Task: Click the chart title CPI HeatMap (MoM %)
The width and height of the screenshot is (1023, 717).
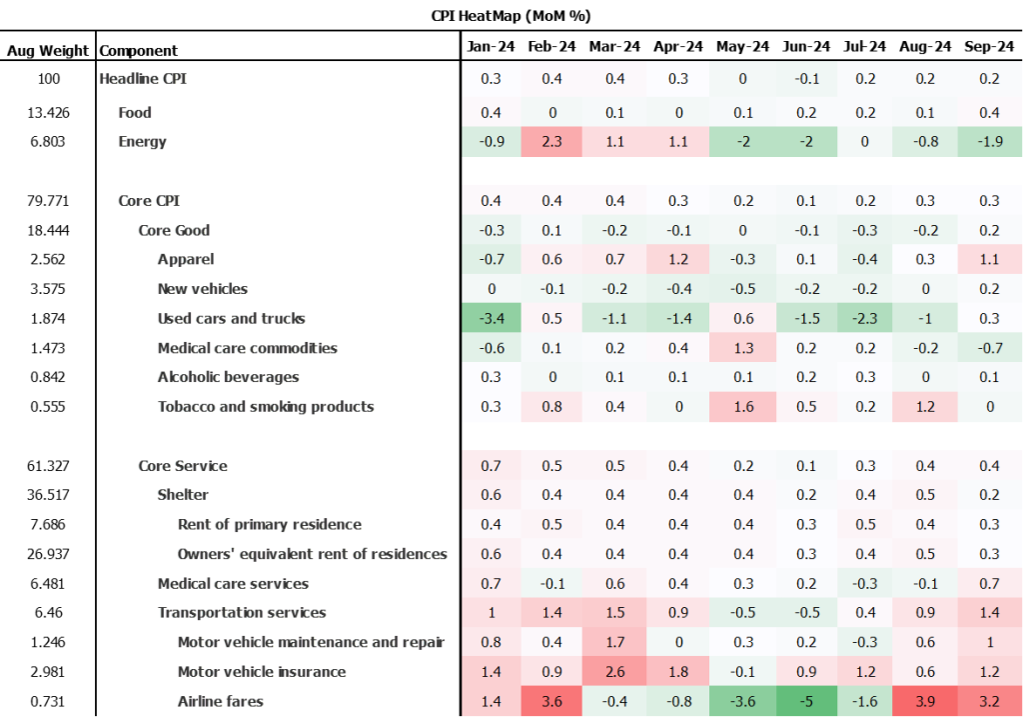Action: click(511, 16)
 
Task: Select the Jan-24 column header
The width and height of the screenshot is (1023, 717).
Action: click(492, 47)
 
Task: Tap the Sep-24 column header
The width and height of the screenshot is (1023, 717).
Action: click(990, 47)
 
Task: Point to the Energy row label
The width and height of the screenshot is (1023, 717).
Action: click(142, 142)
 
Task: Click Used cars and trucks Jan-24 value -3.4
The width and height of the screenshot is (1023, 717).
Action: click(492, 319)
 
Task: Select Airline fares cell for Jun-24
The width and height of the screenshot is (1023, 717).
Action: click(803, 701)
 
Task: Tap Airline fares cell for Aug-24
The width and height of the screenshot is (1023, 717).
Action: click(927, 701)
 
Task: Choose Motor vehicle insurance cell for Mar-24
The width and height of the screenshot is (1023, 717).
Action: click(615, 672)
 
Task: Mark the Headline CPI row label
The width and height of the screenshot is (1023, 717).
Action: click(143, 79)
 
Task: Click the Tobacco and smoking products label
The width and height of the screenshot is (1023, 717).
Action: click(266, 407)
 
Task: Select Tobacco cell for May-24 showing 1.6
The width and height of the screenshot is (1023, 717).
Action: click(740, 407)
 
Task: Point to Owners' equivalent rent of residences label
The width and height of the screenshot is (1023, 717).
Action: click(312, 554)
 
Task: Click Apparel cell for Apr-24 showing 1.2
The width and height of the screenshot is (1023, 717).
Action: click(678, 260)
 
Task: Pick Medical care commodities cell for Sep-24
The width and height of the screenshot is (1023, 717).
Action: click(990, 348)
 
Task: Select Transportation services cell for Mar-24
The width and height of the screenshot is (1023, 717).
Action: click(615, 613)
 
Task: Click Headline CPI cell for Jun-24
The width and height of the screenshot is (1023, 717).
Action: click(803, 79)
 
